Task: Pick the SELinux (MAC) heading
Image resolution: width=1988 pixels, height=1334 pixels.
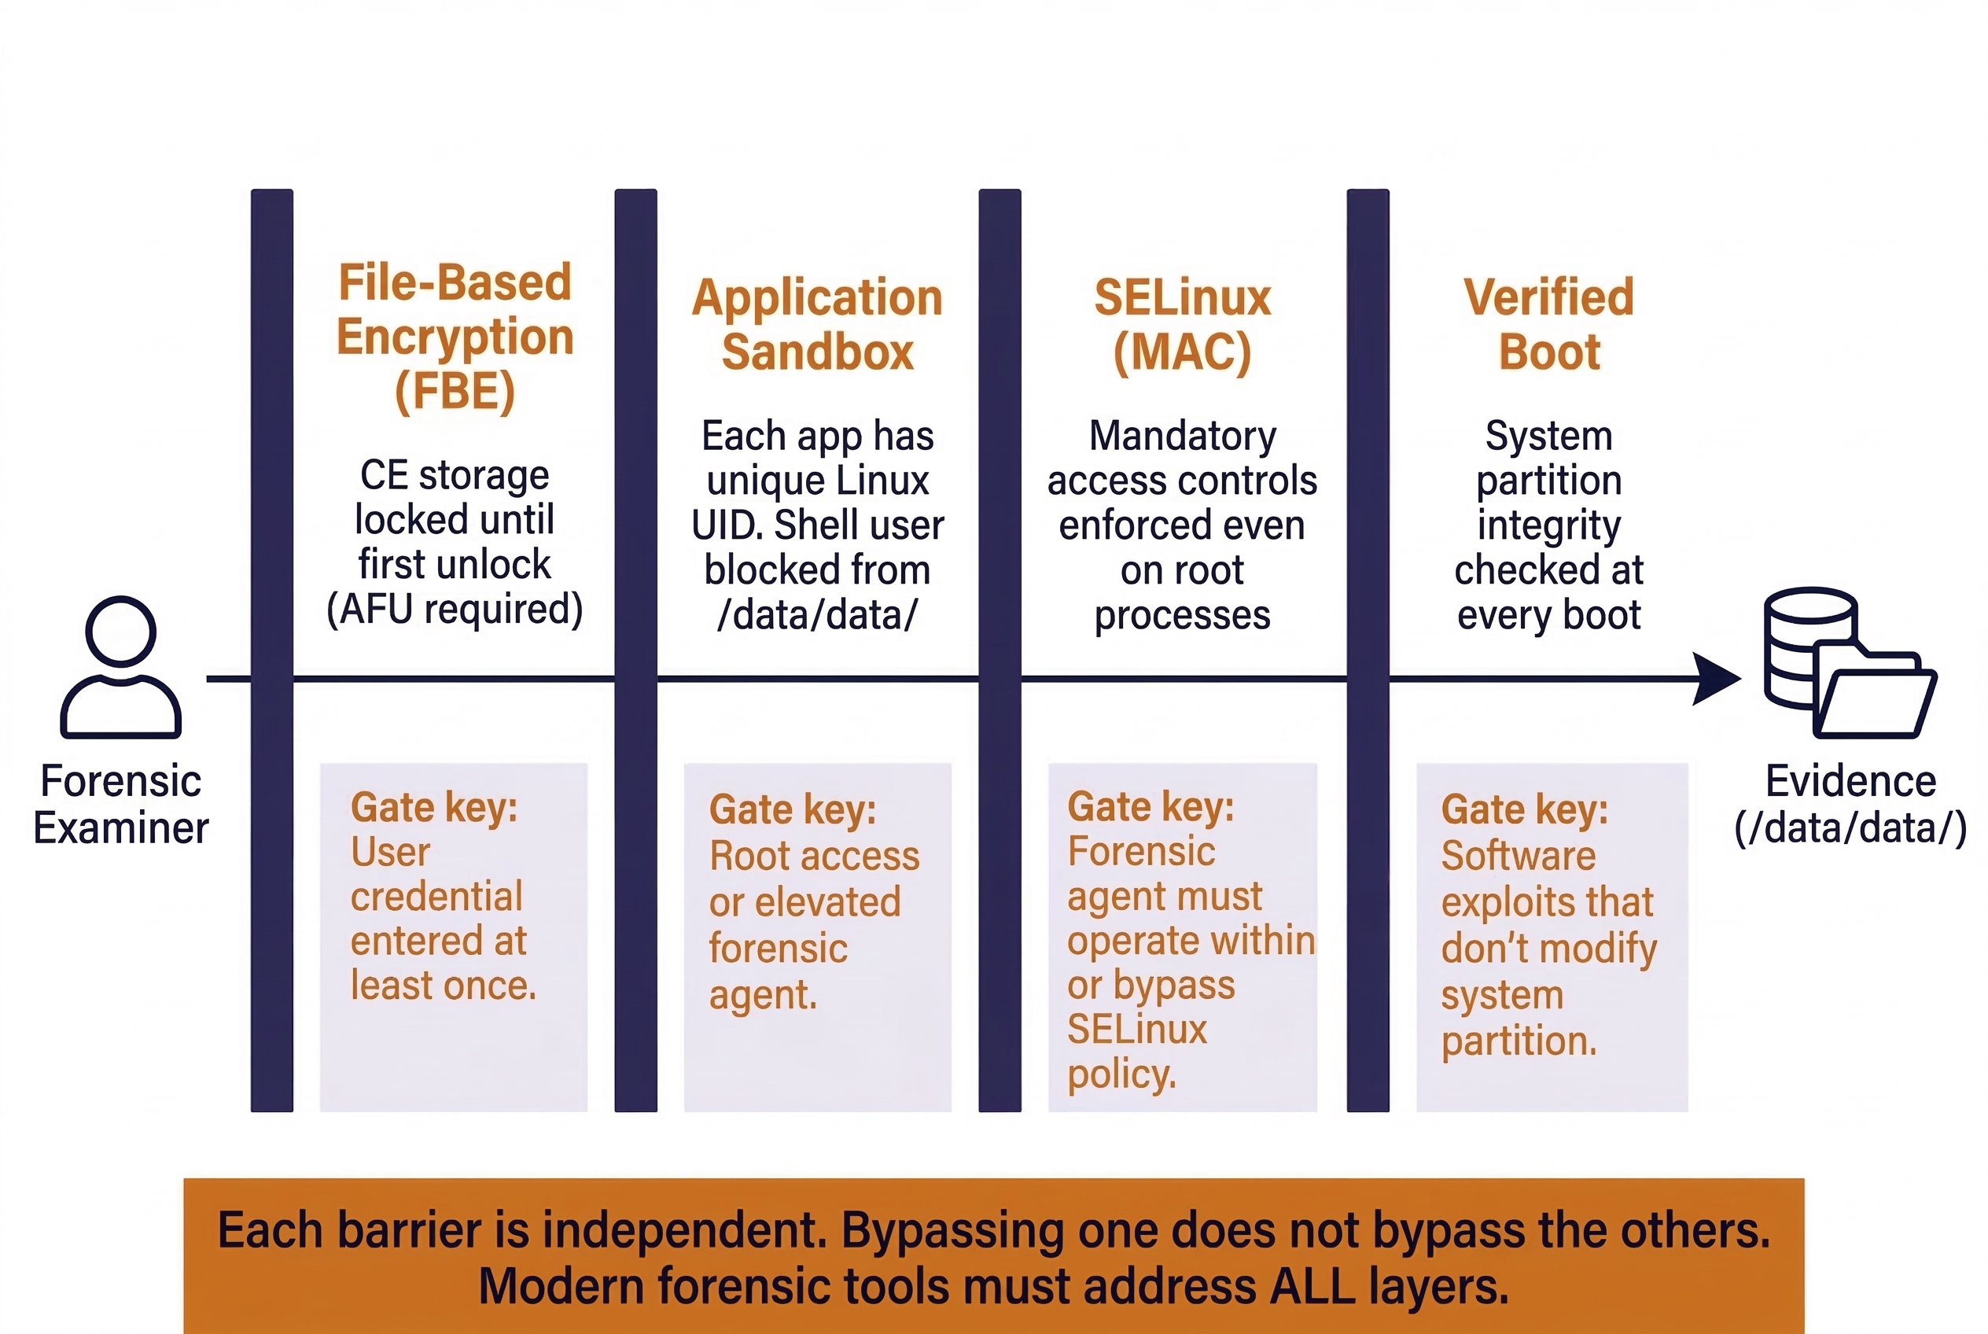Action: (1182, 324)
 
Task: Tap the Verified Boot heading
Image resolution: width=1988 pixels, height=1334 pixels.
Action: (1548, 324)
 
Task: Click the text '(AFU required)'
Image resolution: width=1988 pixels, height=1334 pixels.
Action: (455, 609)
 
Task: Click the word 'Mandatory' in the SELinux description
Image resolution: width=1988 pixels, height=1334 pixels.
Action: (1182, 436)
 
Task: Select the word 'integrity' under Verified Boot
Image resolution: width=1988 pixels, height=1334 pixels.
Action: (1548, 525)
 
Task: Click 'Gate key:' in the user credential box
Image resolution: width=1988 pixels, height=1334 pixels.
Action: (434, 806)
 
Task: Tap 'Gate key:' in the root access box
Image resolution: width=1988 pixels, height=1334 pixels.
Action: (792, 809)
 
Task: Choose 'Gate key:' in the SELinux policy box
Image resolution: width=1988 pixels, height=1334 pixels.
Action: (1150, 805)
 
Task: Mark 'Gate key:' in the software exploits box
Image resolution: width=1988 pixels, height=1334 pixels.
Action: (1523, 809)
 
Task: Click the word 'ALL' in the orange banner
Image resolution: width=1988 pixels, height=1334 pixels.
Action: (1311, 1285)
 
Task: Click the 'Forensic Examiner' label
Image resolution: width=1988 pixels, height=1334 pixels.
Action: (121, 804)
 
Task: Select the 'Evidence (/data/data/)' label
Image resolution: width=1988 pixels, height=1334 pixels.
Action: (1850, 804)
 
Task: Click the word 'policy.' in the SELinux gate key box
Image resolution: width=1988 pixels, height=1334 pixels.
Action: (1121, 1074)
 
